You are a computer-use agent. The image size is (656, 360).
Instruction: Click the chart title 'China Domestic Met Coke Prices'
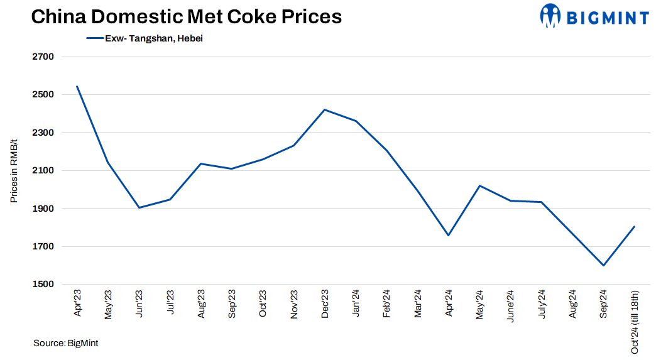[x=187, y=16]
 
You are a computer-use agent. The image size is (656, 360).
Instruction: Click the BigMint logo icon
[x=550, y=16]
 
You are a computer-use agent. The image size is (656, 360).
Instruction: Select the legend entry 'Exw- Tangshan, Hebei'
[x=153, y=38]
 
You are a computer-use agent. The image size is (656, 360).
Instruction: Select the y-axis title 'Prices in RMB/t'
[x=14, y=170]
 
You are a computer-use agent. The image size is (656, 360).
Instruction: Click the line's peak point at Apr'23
[x=77, y=86]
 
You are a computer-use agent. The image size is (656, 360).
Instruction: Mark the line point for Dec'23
[x=324, y=110]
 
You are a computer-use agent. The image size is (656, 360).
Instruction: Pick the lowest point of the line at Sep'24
[x=603, y=265]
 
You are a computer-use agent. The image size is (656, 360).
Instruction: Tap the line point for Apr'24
[x=448, y=236]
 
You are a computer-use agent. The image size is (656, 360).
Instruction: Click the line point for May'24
[x=479, y=186]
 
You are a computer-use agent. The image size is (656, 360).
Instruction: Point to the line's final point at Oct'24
[x=635, y=226]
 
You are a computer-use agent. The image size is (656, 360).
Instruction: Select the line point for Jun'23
[x=139, y=207]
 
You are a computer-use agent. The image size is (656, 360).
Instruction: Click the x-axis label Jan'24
[x=355, y=305]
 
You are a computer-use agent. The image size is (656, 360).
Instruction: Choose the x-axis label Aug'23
[x=201, y=305]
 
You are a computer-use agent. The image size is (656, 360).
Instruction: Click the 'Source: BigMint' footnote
[x=65, y=343]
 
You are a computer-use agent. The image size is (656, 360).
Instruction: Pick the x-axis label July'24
[x=541, y=305]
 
